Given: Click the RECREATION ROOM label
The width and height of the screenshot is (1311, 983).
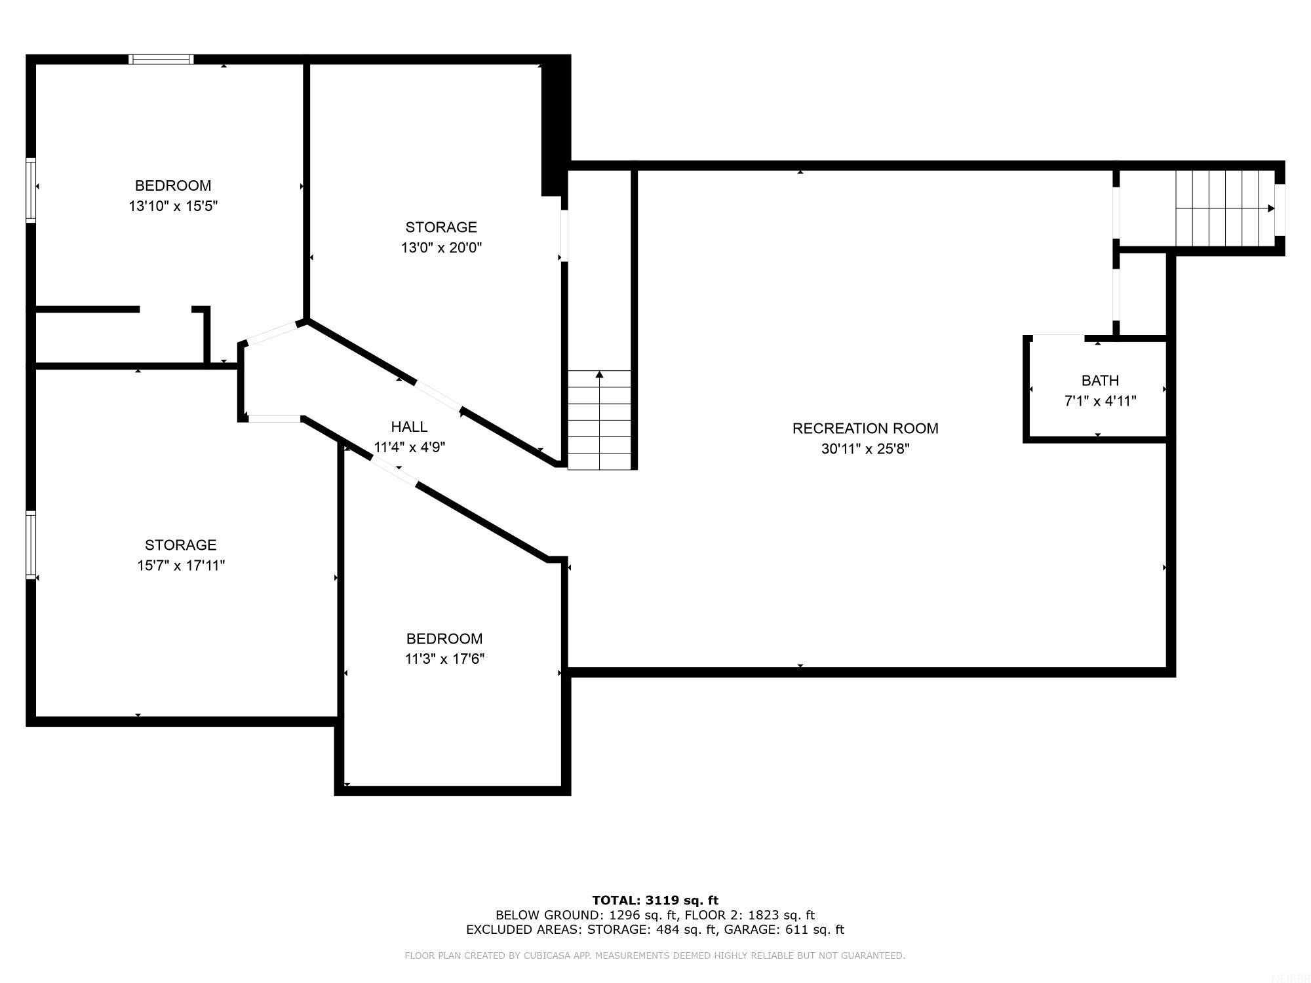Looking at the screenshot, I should [x=865, y=428].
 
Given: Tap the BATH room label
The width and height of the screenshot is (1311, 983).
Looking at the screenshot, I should [x=1099, y=380].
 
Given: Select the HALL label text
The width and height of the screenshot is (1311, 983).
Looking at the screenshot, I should [x=409, y=427].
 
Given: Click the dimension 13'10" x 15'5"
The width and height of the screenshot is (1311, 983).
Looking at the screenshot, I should [x=173, y=206].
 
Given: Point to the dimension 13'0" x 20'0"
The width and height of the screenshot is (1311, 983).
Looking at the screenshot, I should [x=441, y=248].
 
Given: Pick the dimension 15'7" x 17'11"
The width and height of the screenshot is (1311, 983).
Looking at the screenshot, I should [x=181, y=566].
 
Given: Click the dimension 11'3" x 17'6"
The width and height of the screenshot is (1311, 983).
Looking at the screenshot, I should [x=444, y=659].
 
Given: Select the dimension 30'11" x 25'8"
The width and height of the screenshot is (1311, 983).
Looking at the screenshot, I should [x=865, y=449].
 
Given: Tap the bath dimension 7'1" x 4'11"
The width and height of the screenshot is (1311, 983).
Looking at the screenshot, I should [x=1099, y=401].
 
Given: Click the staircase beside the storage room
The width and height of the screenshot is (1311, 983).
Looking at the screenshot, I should [x=599, y=420].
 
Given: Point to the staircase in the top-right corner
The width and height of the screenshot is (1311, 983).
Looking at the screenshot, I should [x=1224, y=208].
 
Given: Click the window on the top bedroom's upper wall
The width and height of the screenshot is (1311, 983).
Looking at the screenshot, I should [x=161, y=60].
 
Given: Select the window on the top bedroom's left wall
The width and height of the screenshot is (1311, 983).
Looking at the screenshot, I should [x=30, y=190].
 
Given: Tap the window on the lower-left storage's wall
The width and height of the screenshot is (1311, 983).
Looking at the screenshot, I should [x=30, y=545].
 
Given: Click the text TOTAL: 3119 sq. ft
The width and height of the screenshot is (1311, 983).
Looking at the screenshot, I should [x=655, y=900].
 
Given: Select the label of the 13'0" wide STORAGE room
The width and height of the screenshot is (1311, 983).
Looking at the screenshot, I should [x=441, y=227].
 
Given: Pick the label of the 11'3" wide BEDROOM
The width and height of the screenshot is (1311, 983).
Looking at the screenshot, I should [x=444, y=638].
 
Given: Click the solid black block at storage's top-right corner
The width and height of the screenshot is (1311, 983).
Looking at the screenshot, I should [x=555, y=125].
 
